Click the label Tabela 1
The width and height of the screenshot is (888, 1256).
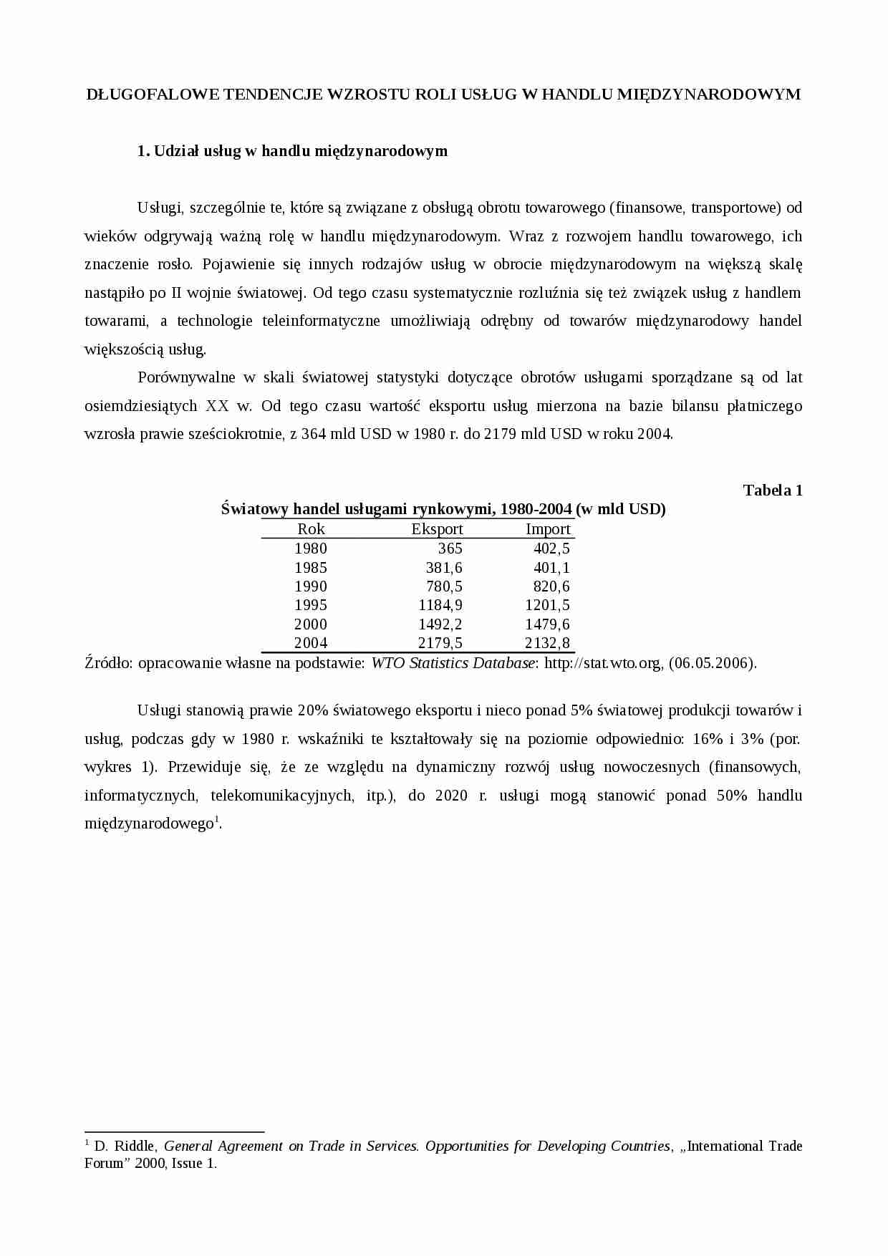tap(773, 491)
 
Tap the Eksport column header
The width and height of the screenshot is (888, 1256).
tap(437, 529)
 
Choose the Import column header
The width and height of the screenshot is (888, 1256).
tap(548, 529)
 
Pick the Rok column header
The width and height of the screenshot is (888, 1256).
tap(311, 529)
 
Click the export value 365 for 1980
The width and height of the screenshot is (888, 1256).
tap(450, 549)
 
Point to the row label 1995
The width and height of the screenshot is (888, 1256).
tap(311, 605)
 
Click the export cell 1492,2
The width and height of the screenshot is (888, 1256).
tap(440, 624)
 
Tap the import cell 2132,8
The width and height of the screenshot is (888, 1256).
tap(547, 643)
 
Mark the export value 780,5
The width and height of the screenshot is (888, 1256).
tap(444, 586)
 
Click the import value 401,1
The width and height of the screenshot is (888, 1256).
tap(551, 568)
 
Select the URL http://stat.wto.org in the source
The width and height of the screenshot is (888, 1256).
tap(603, 663)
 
